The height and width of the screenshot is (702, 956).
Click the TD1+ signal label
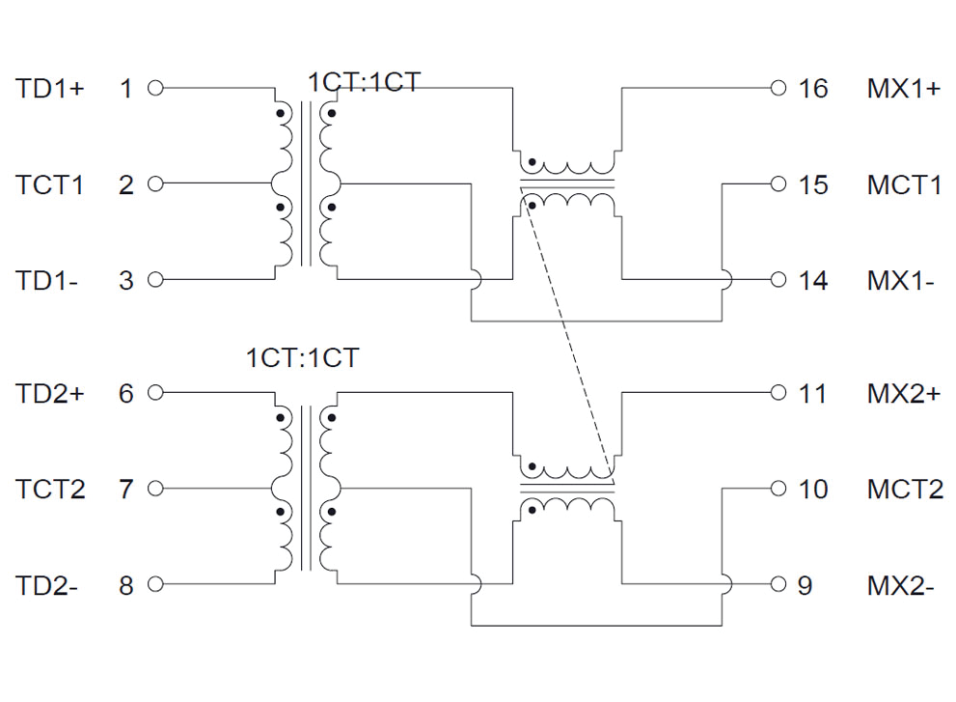[x=50, y=89]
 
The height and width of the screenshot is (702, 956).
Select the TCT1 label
[x=50, y=184]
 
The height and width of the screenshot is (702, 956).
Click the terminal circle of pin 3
[x=155, y=280]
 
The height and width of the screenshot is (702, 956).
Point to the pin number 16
[x=813, y=89]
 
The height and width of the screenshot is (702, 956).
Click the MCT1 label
[x=904, y=184]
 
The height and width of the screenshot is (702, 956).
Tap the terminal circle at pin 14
[x=779, y=280]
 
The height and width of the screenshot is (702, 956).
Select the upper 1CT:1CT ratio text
[x=364, y=82]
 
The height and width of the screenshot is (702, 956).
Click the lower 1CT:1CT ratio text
[x=302, y=358]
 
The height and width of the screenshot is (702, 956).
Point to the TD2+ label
[x=50, y=394]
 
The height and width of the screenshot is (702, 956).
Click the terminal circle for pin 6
[x=155, y=393]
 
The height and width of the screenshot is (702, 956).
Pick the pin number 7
[x=126, y=490]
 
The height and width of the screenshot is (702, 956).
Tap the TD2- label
[x=47, y=585]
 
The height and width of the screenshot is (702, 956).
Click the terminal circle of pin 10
[x=779, y=489]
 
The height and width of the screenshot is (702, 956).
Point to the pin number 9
[x=806, y=585]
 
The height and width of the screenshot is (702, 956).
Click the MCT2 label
[x=905, y=490]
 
